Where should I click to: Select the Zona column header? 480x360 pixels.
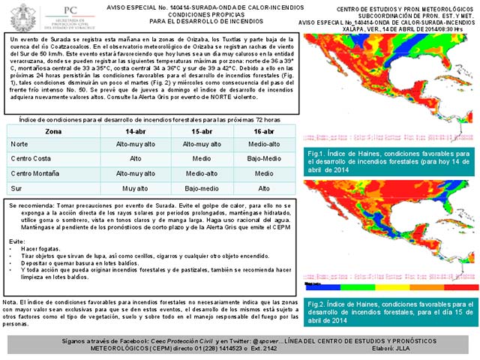click(x=33, y=130)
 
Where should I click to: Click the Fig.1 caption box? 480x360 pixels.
click(x=389, y=160)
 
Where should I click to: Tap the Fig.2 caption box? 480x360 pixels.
click(x=389, y=309)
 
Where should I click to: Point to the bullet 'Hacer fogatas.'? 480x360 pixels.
click(x=43, y=248)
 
